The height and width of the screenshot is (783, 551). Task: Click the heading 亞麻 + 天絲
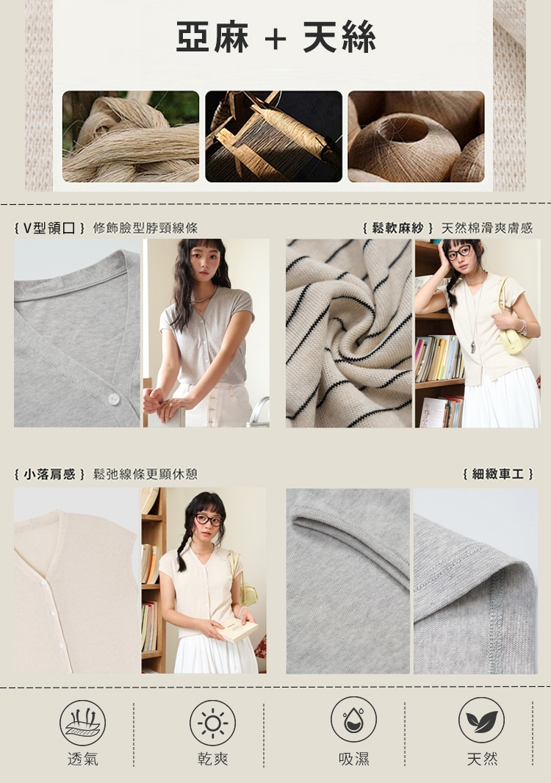coord(275,37)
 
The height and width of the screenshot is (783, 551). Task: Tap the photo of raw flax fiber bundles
coord(130,137)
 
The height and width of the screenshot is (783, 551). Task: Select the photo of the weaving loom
coord(273,137)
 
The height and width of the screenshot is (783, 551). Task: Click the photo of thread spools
coord(416,137)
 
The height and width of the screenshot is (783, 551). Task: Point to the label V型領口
coord(49,228)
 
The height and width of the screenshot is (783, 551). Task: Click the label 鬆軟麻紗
coord(397,228)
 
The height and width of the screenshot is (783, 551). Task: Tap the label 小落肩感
coord(49,474)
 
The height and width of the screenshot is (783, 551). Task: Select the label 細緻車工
coord(498,474)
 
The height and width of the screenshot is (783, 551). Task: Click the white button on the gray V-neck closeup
coord(113,399)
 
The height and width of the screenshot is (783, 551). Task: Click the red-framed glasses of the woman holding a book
coord(208,519)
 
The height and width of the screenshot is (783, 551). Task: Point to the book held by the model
coord(236,629)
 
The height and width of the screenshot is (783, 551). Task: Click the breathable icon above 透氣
coord(82,723)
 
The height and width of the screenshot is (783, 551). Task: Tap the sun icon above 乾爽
coord(212,723)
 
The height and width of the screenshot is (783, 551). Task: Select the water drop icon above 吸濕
coord(353,720)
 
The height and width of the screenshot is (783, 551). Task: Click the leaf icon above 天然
coord(481,720)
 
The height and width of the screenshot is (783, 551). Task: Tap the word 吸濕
coord(353,759)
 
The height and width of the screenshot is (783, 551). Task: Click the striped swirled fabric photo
coord(349,333)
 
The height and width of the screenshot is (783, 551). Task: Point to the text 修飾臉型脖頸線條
coord(145,228)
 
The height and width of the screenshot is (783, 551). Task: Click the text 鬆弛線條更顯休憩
coord(145,474)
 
